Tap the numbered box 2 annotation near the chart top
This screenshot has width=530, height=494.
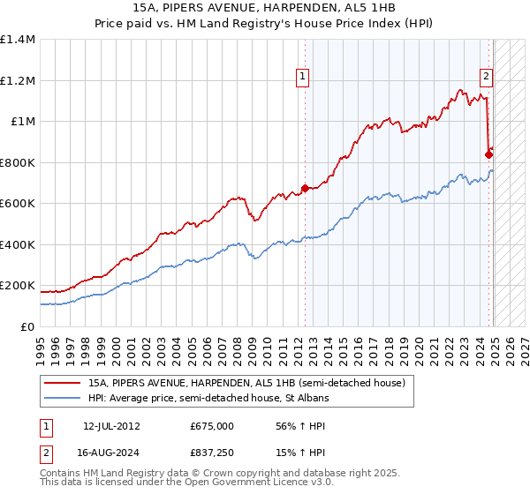pos(486,77)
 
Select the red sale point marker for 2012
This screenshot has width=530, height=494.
pos(305,188)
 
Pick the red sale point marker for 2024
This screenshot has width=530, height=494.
pos(489,154)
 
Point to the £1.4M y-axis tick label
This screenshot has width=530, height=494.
pos(18,40)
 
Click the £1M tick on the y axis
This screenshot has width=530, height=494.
pos(23,122)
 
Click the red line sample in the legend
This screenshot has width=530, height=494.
pos(64,383)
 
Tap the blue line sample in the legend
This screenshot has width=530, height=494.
pos(64,398)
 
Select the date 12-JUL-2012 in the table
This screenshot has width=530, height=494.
pos(111,426)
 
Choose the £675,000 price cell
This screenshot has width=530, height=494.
pos(211,426)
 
